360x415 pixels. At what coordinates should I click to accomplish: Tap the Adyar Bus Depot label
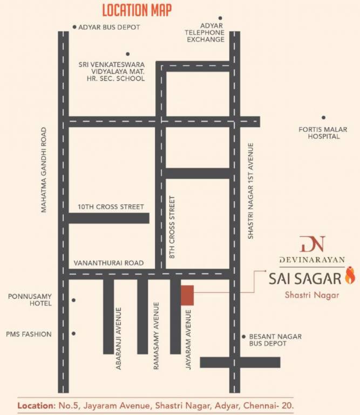109,28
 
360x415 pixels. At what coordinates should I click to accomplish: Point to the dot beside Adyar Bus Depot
74,27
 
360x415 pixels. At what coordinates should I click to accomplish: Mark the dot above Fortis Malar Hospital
323,117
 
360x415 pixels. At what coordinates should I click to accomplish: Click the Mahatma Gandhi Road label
45,170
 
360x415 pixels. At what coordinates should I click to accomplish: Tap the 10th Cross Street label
111,206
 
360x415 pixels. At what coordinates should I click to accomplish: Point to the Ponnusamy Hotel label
30,300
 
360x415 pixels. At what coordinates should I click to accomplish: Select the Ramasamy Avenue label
157,336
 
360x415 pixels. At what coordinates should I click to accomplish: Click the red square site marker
187,295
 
